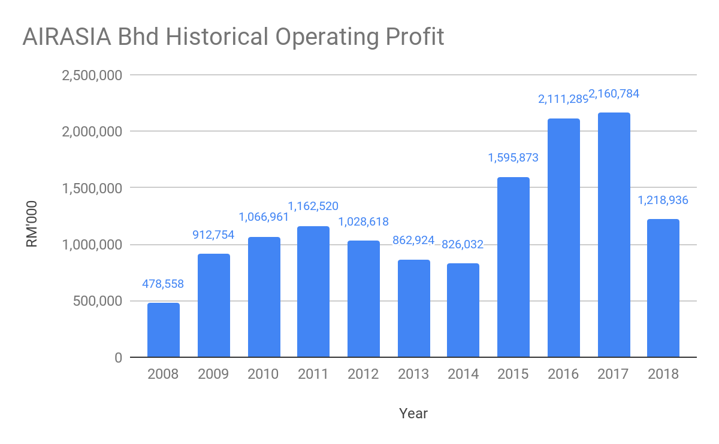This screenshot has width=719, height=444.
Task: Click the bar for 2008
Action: (164, 330)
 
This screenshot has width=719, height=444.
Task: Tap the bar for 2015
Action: (513, 267)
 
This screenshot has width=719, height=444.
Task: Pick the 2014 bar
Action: (463, 311)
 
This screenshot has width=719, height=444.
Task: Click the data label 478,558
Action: (163, 284)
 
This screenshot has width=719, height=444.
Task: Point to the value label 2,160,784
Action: (614, 94)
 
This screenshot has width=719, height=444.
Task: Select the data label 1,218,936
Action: (663, 200)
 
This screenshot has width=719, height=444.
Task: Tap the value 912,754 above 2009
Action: (213, 235)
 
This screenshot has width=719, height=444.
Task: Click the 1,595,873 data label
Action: (513, 158)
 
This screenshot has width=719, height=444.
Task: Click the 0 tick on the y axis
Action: (118, 358)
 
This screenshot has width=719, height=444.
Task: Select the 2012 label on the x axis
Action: (363, 375)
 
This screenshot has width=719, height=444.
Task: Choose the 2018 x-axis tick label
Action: (663, 375)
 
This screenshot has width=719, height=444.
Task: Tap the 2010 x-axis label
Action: (263, 375)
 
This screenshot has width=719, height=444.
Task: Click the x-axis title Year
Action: (413, 413)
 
